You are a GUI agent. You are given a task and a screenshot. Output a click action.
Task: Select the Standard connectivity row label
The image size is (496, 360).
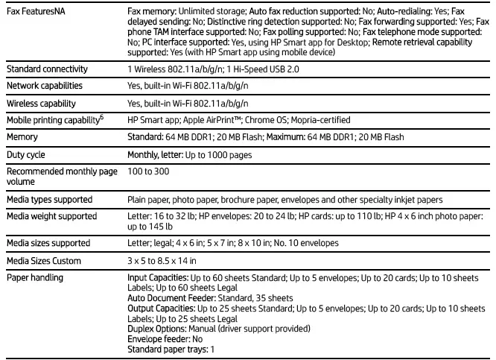click(x=47, y=69)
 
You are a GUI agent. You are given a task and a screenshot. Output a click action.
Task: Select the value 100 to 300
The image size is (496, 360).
click(x=148, y=172)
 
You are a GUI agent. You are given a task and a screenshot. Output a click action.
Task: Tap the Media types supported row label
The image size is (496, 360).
click(x=50, y=200)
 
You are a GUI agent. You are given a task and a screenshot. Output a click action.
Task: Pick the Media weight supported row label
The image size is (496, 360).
click(x=52, y=216)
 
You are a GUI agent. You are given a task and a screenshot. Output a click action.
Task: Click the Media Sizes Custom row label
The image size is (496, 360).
click(x=44, y=261)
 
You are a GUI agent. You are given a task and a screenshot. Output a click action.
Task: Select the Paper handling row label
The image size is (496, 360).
click(x=35, y=278)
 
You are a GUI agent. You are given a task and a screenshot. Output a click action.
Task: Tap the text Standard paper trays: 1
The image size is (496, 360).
click(x=171, y=349)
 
